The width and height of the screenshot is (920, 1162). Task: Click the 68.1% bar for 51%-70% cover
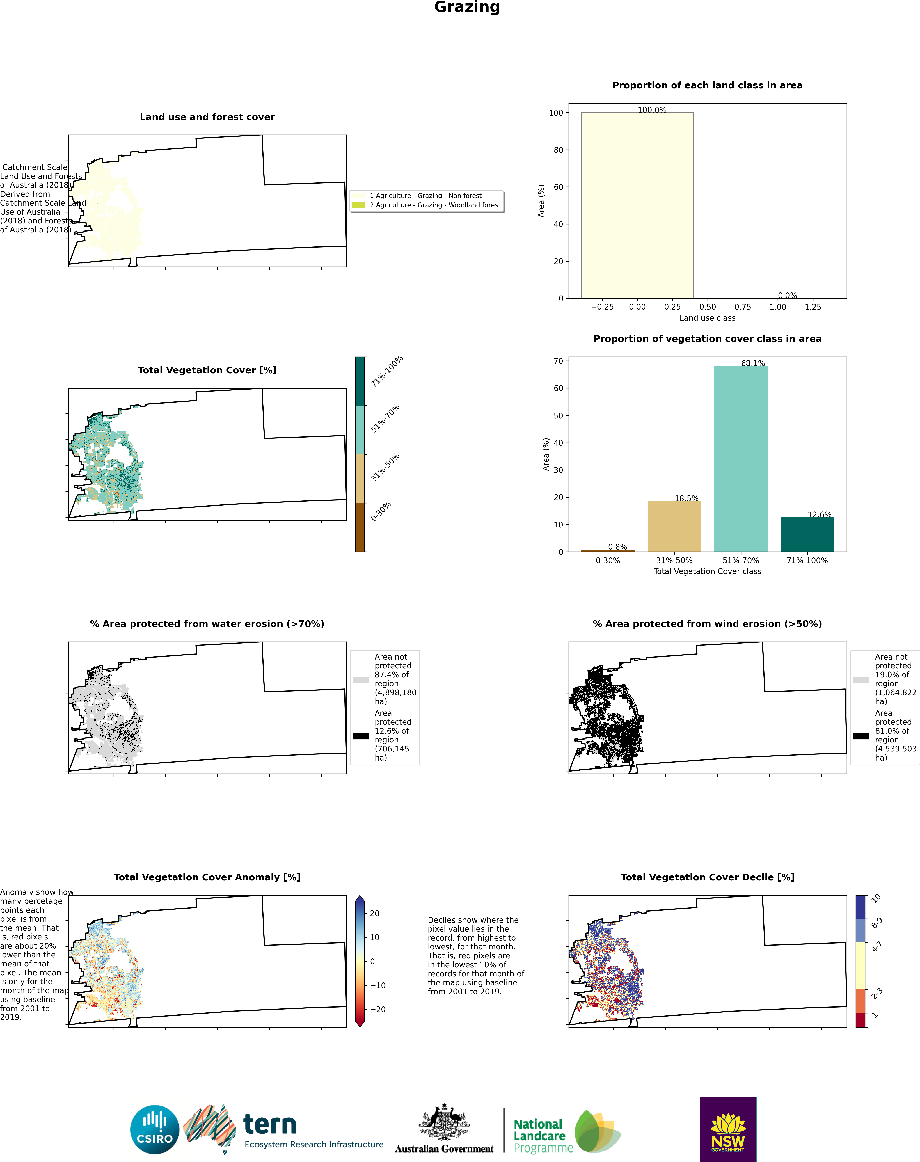point(741,459)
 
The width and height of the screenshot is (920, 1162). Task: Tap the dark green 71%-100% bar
point(807,534)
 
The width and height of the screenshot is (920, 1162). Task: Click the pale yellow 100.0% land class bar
point(637,205)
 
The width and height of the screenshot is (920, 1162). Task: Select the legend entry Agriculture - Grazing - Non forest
point(426,196)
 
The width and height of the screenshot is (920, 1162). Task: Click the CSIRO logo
point(155,1130)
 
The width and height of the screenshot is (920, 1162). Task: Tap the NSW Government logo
point(728,1130)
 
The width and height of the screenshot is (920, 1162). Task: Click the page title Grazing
point(467,8)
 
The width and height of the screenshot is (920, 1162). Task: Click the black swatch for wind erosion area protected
point(861,736)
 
